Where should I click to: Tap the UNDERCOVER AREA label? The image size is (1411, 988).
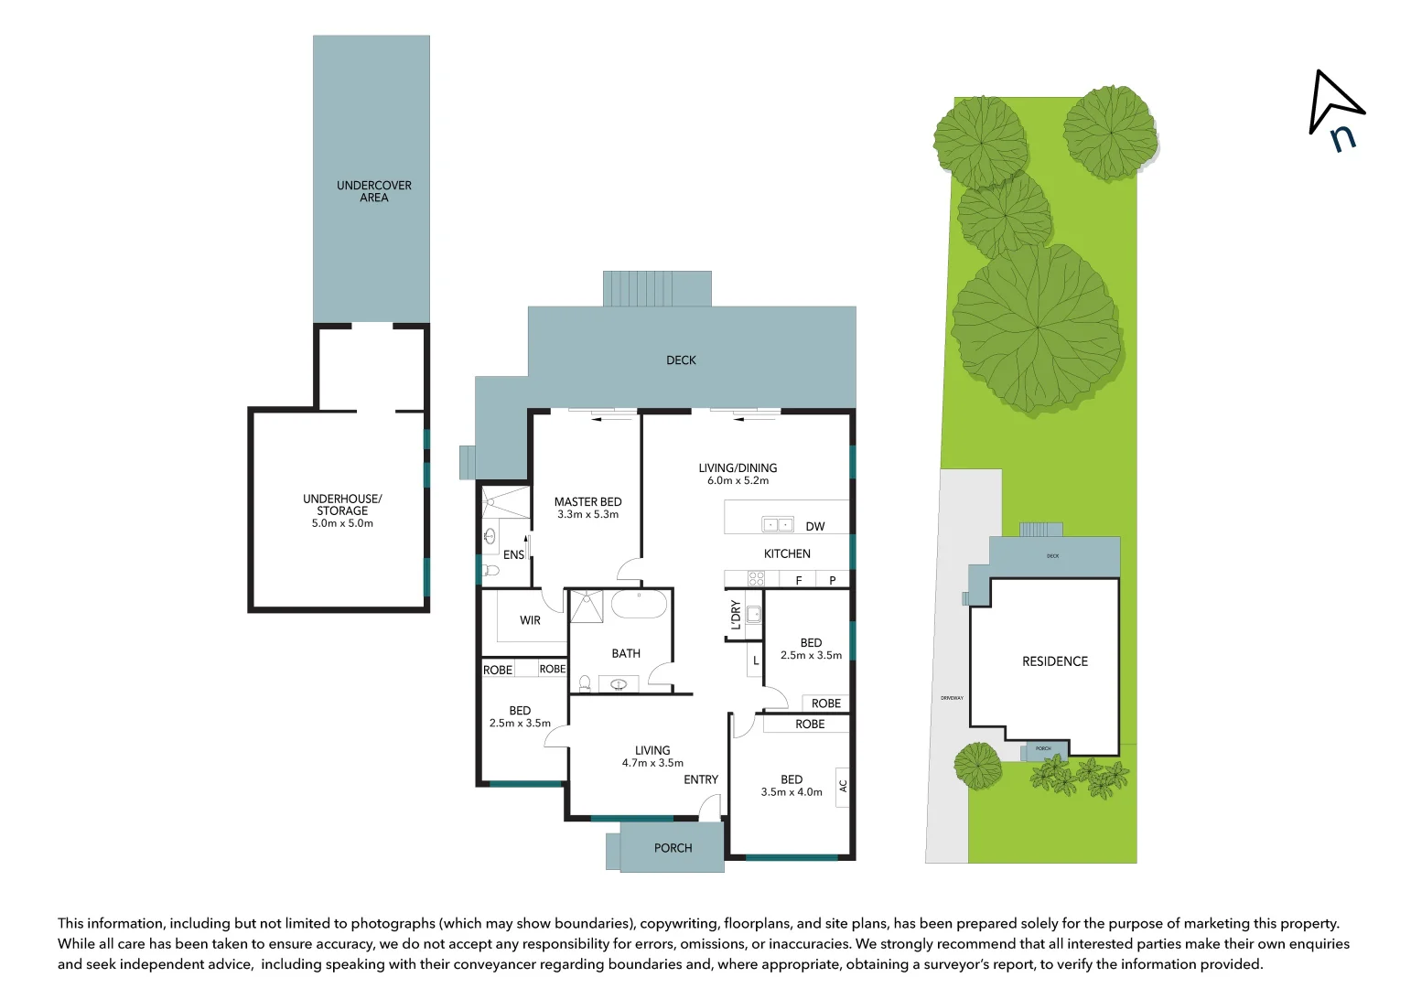tap(373, 191)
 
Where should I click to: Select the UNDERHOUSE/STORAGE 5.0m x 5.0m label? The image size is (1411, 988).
tap(342, 510)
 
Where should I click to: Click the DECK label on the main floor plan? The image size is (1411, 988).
tap(681, 360)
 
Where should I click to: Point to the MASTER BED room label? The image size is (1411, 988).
tap(587, 508)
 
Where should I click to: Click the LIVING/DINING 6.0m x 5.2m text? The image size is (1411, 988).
tap(738, 474)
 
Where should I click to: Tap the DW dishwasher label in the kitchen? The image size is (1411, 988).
tap(815, 526)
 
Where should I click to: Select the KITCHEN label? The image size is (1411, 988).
tap(787, 553)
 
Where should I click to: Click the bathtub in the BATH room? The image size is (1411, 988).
tap(639, 605)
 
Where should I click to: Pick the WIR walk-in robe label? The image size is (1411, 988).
tap(530, 620)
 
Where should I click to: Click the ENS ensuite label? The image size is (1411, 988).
tap(513, 554)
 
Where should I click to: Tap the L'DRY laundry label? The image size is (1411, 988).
tap(736, 615)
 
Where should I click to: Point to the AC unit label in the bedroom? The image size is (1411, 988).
tap(843, 786)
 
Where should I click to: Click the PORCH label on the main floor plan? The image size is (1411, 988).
tap(673, 848)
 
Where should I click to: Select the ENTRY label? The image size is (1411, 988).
tap(701, 779)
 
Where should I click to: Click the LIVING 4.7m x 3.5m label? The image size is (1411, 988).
tap(652, 756)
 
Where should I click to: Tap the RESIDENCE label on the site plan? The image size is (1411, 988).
tap(1055, 660)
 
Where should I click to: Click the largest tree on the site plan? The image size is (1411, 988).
tap(1037, 328)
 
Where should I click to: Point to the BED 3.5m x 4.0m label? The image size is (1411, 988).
tap(792, 785)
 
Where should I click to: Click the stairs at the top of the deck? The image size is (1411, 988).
tap(657, 288)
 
